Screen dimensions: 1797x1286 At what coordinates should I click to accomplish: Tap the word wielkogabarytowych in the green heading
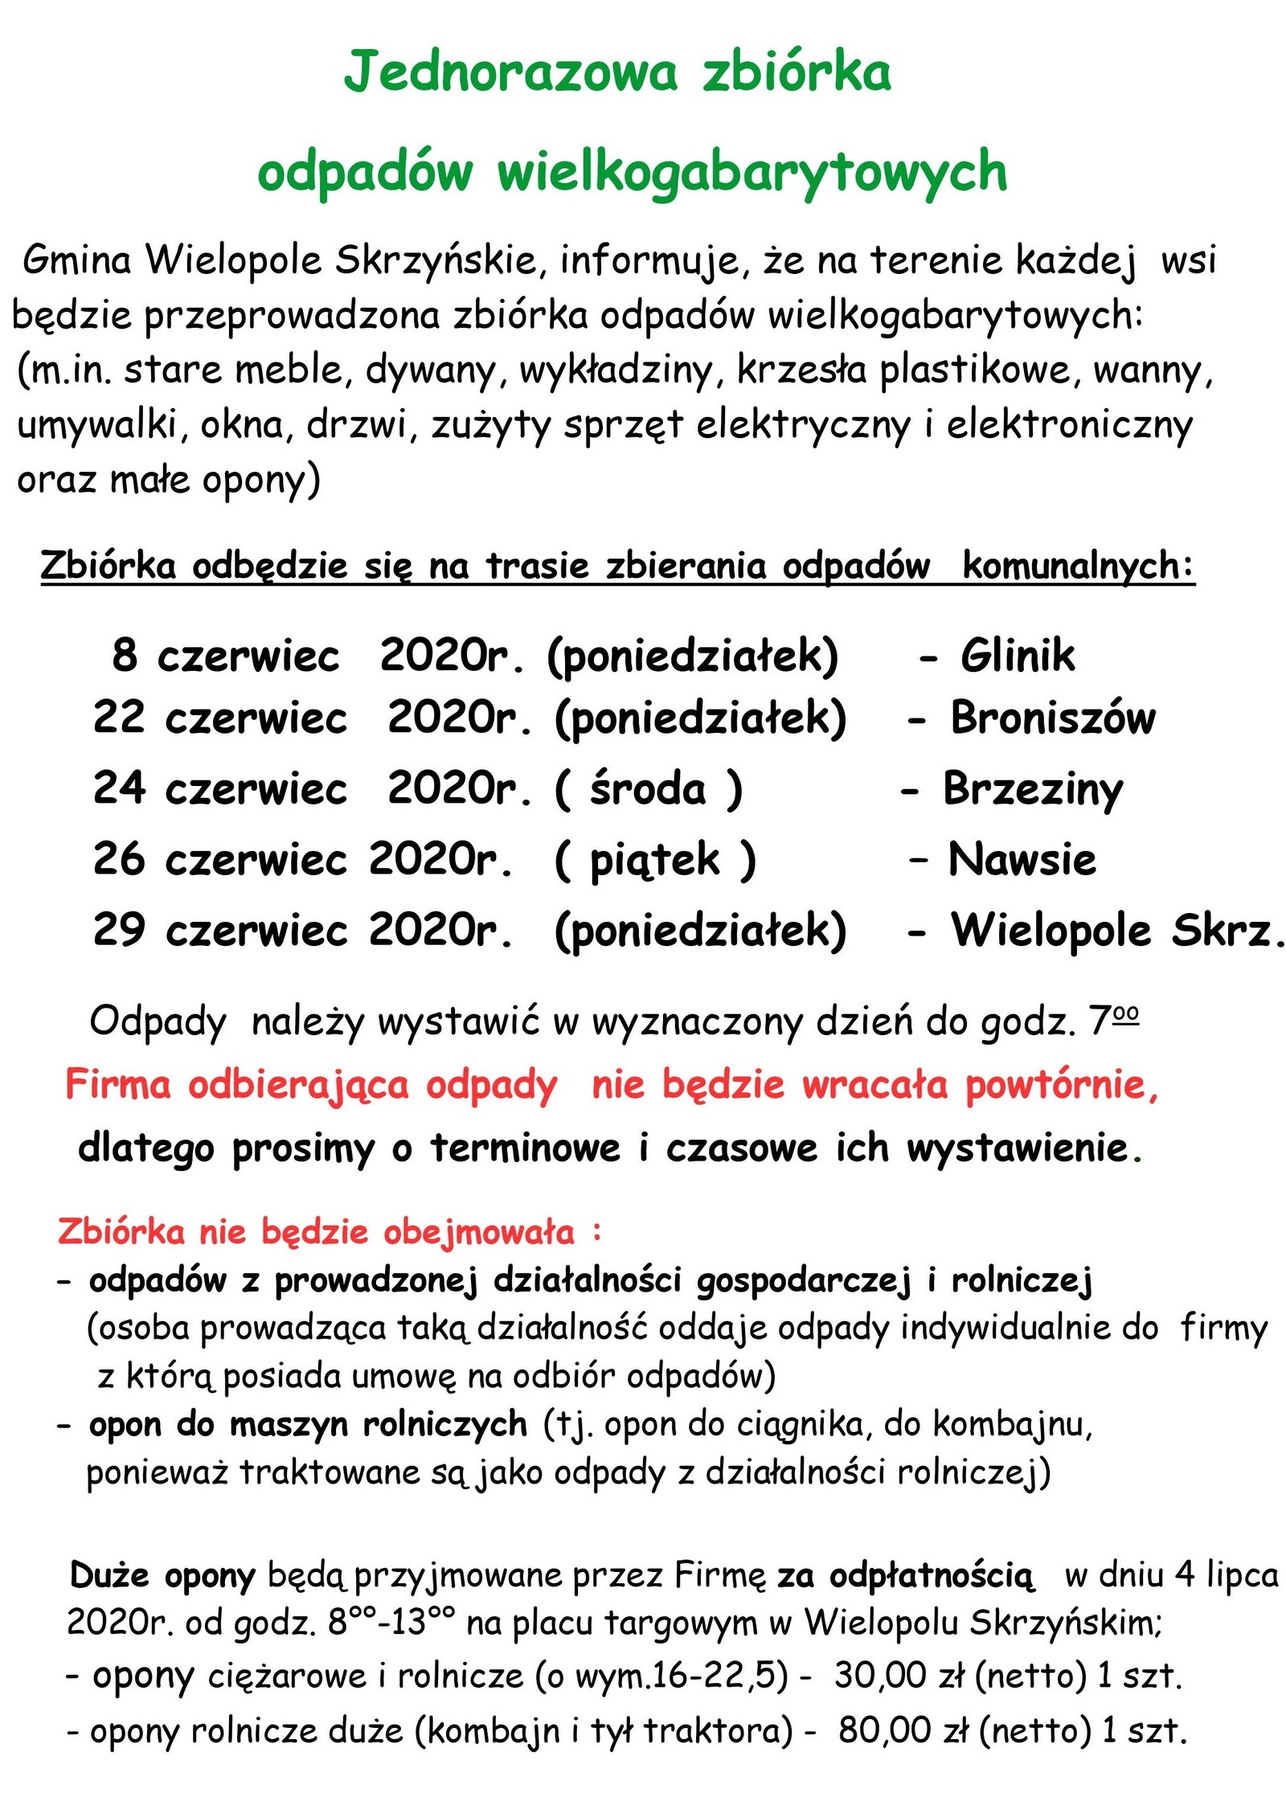pos(752,173)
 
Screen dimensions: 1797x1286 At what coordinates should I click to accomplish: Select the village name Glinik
pos(1017,655)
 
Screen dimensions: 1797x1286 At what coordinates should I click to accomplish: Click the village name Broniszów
pos(1053,718)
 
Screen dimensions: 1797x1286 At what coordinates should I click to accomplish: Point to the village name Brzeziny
pos(1033,789)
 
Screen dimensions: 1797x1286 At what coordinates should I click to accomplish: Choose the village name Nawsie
pos(1022,859)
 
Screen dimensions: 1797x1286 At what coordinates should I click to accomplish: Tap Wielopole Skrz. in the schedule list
pos(1117,931)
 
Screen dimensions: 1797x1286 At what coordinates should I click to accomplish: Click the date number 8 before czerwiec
pos(125,655)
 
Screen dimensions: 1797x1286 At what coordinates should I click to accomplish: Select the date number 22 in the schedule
pos(119,718)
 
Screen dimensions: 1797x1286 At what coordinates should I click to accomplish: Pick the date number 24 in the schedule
pos(119,788)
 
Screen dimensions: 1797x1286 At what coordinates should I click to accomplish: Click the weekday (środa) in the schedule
pos(648,789)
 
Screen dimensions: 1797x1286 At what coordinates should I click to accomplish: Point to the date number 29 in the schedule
pos(119,931)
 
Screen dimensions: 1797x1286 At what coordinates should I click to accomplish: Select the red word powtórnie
pos(1061,1085)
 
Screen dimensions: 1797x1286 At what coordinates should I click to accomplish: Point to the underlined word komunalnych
pos(1078,566)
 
